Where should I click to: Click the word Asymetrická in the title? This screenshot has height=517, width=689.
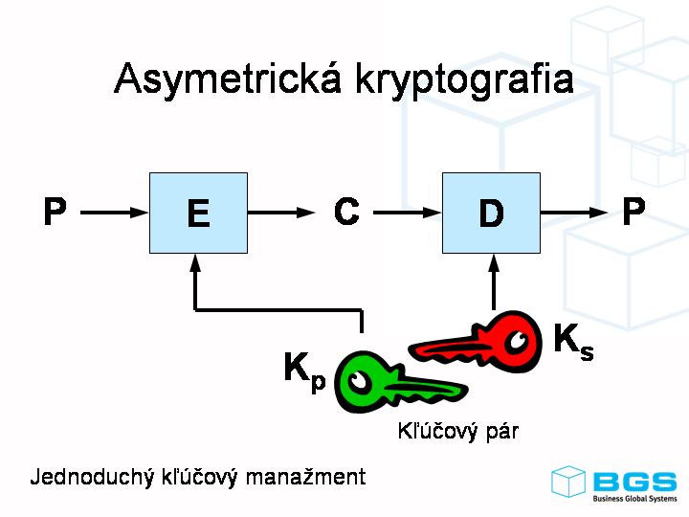(227, 79)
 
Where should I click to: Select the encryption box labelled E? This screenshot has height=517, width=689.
(198, 213)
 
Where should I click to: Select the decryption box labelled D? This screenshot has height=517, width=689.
(491, 213)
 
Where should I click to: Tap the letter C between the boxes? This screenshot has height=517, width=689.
(346, 212)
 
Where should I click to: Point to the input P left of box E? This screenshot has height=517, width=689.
(56, 212)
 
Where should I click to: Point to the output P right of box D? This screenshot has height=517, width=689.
(633, 212)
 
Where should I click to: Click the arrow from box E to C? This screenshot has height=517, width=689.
(281, 213)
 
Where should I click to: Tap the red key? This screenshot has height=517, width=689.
(478, 343)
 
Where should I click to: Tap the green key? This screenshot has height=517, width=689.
(392, 383)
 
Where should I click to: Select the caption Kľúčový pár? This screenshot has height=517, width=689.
(457, 431)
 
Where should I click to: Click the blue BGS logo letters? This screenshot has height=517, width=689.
(633, 480)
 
